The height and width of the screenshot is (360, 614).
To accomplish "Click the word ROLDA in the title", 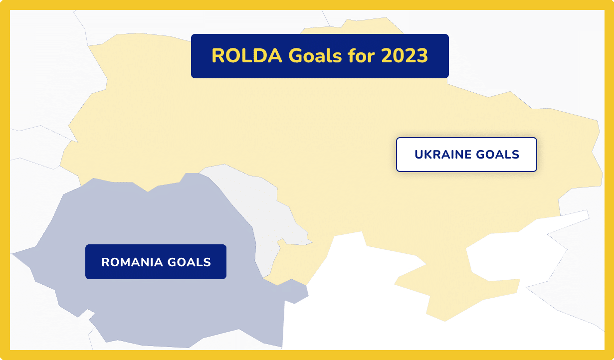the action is click(x=247, y=56).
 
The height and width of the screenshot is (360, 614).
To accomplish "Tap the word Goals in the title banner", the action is click(x=315, y=56).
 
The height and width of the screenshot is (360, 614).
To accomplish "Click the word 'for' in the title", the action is click(x=361, y=56).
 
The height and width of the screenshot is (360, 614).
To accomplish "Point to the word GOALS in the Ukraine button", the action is click(x=497, y=155).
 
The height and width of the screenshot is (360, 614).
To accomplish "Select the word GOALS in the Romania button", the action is click(x=189, y=262).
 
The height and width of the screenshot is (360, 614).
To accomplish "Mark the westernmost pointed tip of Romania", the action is click(x=12, y=254).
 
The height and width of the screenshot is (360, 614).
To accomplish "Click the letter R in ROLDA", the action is click(x=218, y=56).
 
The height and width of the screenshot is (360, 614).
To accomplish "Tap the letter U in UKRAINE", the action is click(x=419, y=155).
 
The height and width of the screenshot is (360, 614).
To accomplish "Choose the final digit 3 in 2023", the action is click(x=422, y=56).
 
